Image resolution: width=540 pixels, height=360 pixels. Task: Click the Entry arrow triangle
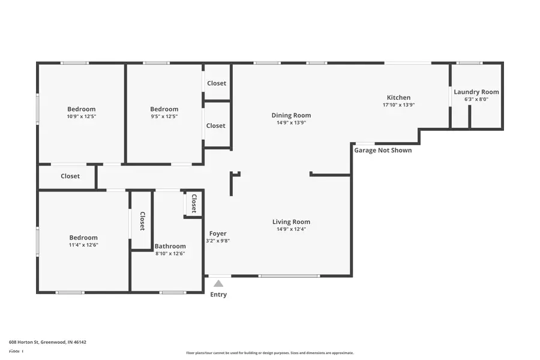point(218,283)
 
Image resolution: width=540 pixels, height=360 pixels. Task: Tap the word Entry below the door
point(218,295)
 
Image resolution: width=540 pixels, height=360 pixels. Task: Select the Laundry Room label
point(476,92)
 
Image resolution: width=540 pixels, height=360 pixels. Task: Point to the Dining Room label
point(291,115)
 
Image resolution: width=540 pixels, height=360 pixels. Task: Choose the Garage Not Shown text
point(383,150)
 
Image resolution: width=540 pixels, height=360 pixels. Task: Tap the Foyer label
point(218,233)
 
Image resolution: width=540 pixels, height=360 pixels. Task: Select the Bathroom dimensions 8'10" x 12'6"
point(170,254)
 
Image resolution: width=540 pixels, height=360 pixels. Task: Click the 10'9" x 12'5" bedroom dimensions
point(81,117)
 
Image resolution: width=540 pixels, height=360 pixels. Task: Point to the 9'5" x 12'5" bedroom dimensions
point(164,117)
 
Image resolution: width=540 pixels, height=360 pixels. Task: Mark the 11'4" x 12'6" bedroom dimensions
point(83,245)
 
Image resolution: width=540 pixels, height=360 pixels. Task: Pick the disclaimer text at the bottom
point(269,353)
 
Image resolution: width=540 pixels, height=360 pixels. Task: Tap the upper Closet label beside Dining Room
point(217,83)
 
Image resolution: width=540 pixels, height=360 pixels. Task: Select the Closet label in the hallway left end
point(70,176)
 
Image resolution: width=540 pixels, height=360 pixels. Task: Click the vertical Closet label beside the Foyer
point(194,203)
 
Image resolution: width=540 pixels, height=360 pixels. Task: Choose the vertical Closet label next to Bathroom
point(142,221)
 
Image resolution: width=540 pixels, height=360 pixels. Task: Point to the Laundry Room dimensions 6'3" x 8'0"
point(476,100)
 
